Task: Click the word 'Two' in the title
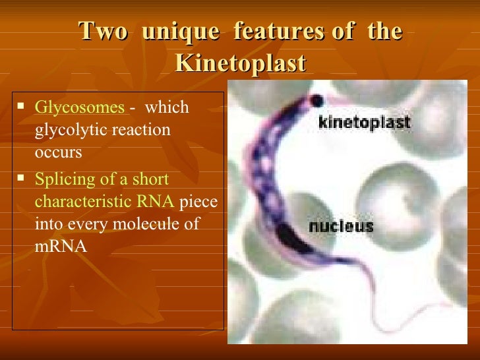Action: point(102,32)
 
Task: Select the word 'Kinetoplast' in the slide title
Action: point(241,64)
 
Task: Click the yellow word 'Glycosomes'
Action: point(78,107)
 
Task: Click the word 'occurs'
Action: point(58,152)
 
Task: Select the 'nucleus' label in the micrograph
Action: point(341,227)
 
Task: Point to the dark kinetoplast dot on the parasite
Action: point(317,100)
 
